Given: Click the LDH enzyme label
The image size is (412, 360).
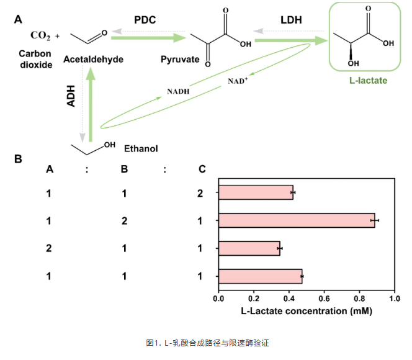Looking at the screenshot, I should tap(291, 21).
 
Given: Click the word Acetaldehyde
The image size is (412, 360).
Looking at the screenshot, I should tap(94, 60).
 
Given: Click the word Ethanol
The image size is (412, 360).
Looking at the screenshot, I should tap(141, 149).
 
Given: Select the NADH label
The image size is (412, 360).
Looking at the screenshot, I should tap(178, 92).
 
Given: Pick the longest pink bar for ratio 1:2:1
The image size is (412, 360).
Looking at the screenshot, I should tap(297, 220).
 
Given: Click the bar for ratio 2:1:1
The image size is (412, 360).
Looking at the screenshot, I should tap(249, 248).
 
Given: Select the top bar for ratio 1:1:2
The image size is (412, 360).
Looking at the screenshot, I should tap(256, 193).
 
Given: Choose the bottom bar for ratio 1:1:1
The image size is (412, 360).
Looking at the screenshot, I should tap(260, 276).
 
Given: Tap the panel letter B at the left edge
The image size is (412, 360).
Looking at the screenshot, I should tap(19, 159).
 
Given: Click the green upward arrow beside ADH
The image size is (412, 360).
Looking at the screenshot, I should tap(91, 99).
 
